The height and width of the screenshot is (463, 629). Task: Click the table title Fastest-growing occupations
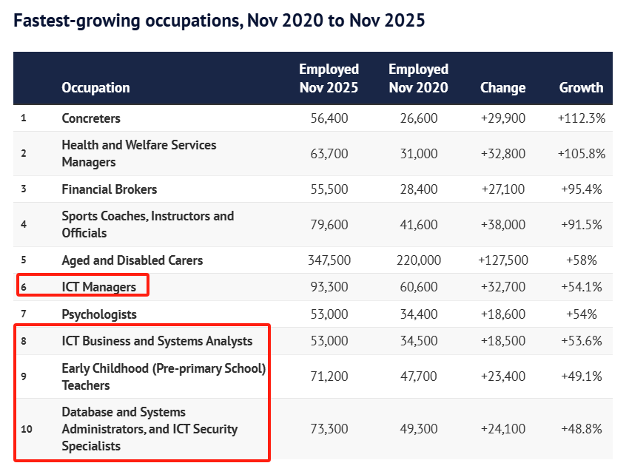[219, 21]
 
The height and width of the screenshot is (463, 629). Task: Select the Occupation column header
[95, 87]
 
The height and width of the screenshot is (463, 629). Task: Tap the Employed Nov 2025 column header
[329, 78]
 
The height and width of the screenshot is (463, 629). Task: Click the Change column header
[502, 87]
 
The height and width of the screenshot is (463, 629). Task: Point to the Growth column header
[581, 87]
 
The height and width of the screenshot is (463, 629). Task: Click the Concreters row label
[91, 118]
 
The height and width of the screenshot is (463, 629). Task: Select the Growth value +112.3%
[582, 118]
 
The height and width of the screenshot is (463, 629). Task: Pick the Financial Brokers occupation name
[110, 189]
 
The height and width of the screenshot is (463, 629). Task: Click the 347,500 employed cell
[329, 260]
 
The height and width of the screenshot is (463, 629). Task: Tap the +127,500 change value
[503, 260]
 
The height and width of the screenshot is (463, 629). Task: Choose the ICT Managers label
[99, 287]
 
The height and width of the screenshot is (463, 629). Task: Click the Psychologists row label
[99, 314]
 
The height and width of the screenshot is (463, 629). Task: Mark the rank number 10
[27, 429]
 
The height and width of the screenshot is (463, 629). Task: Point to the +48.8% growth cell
[582, 429]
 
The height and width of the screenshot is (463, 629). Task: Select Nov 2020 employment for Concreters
[419, 118]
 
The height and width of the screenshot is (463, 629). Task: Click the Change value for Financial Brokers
[503, 189]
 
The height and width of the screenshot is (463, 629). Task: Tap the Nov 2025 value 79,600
[329, 224]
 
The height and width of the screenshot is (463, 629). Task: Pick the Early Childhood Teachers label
[164, 376]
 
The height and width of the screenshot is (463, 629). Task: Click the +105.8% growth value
[582, 154]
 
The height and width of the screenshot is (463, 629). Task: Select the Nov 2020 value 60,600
[419, 287]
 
